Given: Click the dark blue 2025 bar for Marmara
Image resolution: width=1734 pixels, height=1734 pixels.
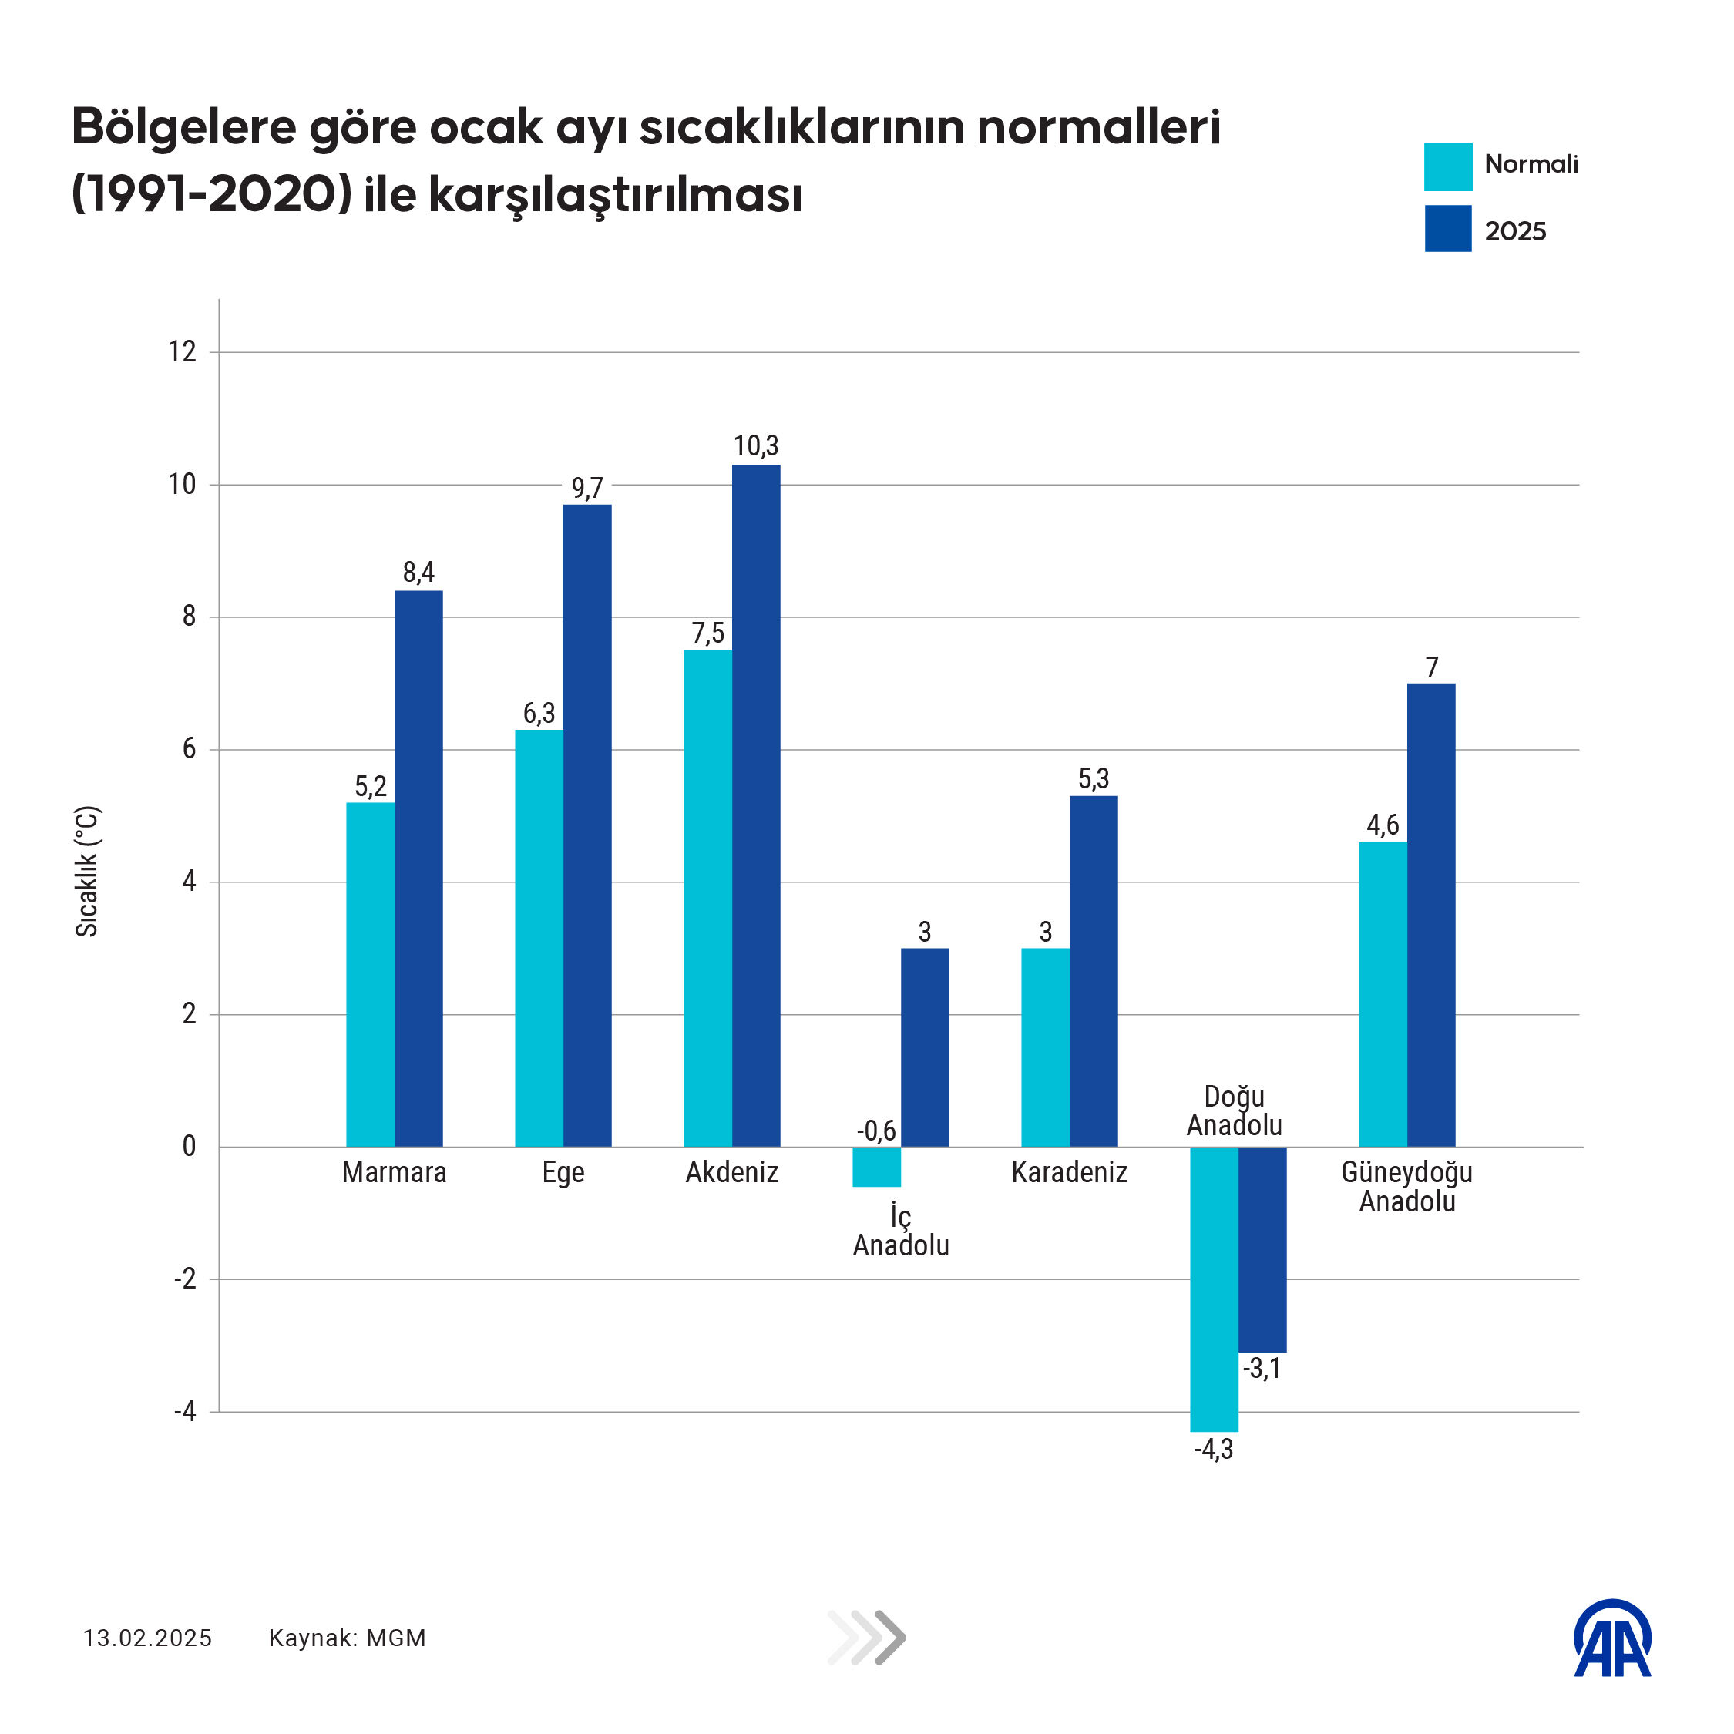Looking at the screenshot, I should [418, 868].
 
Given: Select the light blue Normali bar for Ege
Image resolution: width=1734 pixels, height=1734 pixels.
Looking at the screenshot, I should [539, 938].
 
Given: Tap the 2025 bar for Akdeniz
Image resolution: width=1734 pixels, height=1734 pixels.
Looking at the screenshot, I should [756, 805].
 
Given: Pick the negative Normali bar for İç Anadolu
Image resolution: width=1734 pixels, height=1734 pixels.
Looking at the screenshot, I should [876, 1167].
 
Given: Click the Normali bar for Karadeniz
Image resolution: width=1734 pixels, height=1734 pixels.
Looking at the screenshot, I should [1045, 1047].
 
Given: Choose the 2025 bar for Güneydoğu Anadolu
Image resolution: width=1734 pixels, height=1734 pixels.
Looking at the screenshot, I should [1430, 915].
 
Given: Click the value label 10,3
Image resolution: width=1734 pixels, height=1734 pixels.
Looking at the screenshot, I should [756, 446].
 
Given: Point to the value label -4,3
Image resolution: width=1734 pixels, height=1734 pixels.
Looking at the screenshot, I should [1214, 1450].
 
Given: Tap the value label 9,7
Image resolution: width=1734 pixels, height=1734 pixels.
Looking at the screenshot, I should [587, 489].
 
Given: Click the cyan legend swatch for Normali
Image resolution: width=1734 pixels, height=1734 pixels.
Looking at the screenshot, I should [1447, 167].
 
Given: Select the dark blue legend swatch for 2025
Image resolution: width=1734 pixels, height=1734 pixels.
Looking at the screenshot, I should [1447, 229].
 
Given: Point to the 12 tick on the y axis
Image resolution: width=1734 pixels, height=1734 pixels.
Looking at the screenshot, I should [182, 352].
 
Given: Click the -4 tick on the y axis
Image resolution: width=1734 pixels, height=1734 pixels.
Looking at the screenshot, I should [185, 1412].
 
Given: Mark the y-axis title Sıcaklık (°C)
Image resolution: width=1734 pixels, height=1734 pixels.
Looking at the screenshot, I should [87, 872].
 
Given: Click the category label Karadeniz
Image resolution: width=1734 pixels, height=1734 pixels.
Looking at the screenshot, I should [1069, 1172].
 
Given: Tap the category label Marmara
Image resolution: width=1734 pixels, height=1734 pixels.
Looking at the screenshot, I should [394, 1172].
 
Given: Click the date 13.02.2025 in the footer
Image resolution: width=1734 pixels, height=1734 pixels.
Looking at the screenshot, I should [148, 1638].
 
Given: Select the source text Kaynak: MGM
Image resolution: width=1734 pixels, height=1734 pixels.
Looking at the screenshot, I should [348, 1638].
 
